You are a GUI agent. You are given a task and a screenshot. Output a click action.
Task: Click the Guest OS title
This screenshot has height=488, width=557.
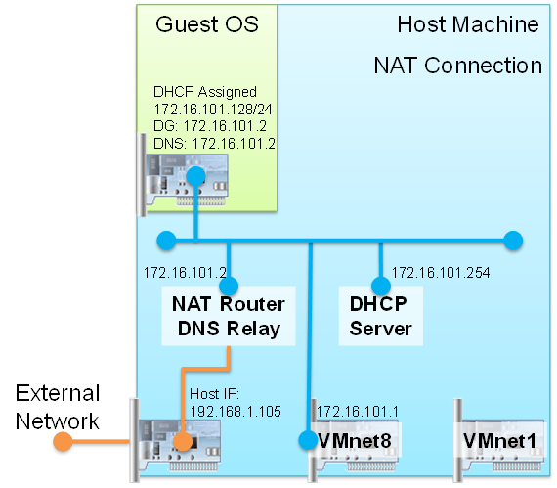pos(207,24)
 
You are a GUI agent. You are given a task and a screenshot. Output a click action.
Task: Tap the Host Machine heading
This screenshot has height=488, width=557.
pos(468,24)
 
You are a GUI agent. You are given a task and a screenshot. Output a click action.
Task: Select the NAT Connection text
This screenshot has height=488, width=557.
pos(458,66)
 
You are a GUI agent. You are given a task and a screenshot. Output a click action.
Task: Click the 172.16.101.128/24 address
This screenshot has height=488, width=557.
pos(213,110)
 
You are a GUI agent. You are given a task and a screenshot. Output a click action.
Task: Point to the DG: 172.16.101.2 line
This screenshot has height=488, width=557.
pos(210,126)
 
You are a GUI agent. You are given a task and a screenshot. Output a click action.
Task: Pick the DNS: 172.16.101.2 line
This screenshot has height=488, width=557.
pos(214,144)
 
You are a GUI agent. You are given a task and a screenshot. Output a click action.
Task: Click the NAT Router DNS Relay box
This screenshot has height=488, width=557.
pos(229,316)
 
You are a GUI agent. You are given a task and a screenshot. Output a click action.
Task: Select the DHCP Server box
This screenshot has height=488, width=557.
pos(381,316)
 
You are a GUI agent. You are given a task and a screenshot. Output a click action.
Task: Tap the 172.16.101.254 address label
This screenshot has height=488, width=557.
pos(441,273)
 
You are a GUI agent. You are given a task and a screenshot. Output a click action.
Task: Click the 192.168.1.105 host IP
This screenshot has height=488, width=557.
pos(236,412)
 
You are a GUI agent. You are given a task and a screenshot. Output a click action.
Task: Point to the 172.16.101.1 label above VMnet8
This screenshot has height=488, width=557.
pos(358,412)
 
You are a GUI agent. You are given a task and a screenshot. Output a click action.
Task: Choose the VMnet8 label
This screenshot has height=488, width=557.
pos(355,441)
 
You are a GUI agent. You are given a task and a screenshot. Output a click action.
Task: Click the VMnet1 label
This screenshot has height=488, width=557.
pos(499,441)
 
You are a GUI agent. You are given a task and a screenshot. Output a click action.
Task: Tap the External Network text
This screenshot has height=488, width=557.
pos(58,407)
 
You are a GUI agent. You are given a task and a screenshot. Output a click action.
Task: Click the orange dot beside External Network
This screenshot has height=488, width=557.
pos(63,441)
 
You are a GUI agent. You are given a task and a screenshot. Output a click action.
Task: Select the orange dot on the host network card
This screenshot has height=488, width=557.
pos(183,441)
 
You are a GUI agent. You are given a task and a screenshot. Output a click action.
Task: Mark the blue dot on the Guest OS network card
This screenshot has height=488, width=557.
pos(195,176)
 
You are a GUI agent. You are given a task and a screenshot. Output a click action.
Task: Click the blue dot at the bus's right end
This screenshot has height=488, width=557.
pos(513,241)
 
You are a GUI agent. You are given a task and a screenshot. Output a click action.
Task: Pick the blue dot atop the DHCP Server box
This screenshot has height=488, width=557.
pos(381,286)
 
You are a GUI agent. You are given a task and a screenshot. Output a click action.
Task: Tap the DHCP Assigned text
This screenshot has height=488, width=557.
pos(205,92)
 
